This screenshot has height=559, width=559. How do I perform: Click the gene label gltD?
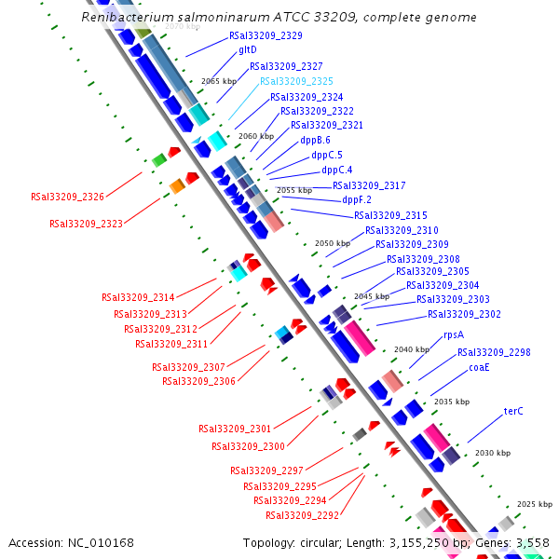coord(248,50)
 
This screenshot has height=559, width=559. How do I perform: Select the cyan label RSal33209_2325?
coord(296,81)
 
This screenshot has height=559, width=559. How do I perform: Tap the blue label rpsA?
coord(454,334)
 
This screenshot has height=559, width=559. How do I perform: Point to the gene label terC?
coord(514,411)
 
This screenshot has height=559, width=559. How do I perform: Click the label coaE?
coord(479,367)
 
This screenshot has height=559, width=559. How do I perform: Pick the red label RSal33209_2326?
coord(67,197)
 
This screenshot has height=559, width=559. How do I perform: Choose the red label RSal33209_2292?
coord(302,515)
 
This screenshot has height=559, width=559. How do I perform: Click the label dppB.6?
coord(315,140)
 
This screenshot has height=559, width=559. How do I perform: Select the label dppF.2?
coord(357,199)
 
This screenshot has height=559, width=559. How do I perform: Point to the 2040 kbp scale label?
coord(409,349)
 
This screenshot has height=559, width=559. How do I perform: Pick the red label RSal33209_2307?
coord(188,367)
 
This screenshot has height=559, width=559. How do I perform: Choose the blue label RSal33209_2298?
coord(494,352)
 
